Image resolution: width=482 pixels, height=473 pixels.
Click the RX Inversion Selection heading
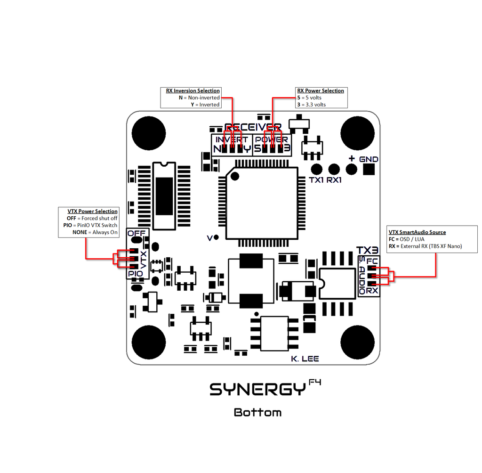coord(193,91)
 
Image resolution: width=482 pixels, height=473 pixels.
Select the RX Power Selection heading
coord(321,91)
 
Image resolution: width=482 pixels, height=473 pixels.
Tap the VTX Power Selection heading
coord(93,212)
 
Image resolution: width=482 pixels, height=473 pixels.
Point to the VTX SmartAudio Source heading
coord(417,232)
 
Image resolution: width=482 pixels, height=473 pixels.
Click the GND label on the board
coord(369,159)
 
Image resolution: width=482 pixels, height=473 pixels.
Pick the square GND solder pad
coord(369,169)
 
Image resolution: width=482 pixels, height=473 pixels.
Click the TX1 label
coord(316,180)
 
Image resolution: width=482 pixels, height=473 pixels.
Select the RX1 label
coord(334,180)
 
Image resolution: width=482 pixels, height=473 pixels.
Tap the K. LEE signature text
coord(305,359)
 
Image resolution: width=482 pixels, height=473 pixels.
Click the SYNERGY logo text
coord(258,389)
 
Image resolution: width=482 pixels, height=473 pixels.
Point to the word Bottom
coord(257,412)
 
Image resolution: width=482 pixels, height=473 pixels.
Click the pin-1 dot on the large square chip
coord(235,176)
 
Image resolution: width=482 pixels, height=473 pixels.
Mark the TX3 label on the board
coord(367,250)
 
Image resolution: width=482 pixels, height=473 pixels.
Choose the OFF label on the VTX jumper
coord(137,233)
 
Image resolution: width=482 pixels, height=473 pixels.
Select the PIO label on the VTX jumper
coord(136,274)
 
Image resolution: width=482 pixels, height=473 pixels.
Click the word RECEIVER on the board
coord(253,127)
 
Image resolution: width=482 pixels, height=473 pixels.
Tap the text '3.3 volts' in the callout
coord(316,105)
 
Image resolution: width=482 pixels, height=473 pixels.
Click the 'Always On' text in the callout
coord(105,232)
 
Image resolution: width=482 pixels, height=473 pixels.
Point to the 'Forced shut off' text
coord(99,218)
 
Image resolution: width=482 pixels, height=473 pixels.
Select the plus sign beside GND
coord(352,159)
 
